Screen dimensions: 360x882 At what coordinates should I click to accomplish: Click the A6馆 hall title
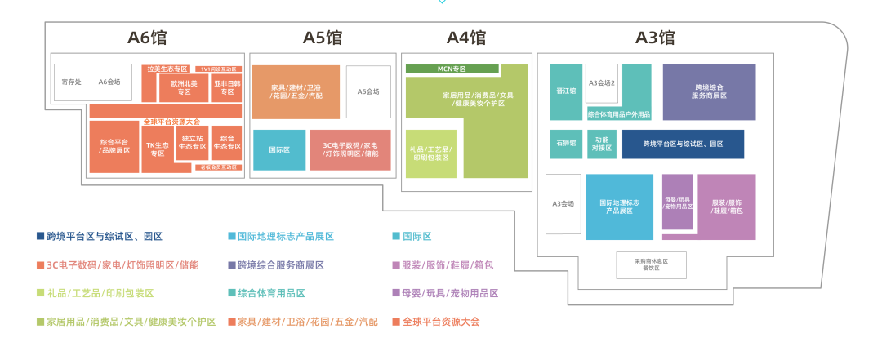coord(147,37)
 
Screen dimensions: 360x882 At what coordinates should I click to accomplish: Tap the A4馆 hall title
coord(465,37)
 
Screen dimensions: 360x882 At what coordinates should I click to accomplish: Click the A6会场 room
coord(109,82)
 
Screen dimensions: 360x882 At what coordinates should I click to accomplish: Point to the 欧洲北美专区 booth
coord(185,88)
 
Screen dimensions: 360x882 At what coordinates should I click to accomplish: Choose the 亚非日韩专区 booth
coord(226,88)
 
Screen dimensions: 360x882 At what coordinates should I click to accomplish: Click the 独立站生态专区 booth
coord(194,143)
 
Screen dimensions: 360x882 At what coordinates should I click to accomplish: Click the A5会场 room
coord(368,91)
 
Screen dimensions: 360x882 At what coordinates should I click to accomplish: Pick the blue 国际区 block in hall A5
coord(279,150)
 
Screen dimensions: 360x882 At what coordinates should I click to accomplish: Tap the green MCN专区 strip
coord(452,69)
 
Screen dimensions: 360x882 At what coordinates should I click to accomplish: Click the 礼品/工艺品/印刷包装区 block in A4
coord(430,153)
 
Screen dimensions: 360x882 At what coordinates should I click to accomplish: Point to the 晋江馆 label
coord(566,91)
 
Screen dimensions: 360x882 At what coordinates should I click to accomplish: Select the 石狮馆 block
coord(566,144)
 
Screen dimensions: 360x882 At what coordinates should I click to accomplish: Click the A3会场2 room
coord(602,82)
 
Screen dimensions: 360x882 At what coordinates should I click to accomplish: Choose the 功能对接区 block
coord(603,144)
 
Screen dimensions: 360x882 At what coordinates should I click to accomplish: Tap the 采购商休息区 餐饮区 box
coord(651,264)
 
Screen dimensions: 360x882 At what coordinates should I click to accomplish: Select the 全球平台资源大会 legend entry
coord(440,322)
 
